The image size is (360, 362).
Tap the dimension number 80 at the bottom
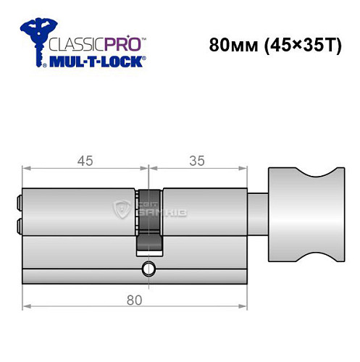[133, 298]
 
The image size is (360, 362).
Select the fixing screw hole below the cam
[148, 270]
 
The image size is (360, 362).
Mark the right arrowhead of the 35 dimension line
[241, 171]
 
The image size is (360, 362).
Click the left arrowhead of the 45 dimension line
[25, 171]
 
